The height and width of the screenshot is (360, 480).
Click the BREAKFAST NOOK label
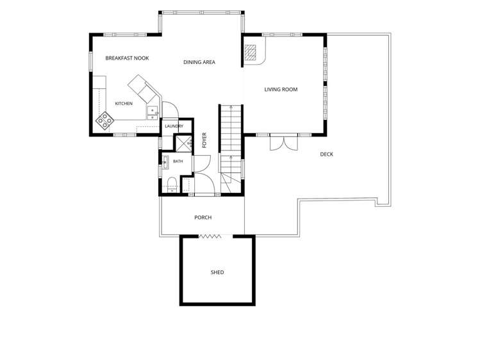point(127,58)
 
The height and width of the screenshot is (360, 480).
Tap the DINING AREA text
point(199,62)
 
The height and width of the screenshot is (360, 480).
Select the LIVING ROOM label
point(281,89)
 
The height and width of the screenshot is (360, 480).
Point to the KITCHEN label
point(124,104)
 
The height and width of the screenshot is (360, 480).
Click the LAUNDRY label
point(174,126)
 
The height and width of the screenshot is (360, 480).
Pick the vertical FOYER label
point(204,140)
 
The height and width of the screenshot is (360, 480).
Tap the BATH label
point(178,161)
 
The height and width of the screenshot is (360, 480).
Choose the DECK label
point(327,154)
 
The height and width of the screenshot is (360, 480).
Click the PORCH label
point(203,217)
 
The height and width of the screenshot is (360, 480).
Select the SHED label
point(217,272)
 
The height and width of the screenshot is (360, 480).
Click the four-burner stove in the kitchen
point(104,120)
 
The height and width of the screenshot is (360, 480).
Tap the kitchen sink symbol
point(152,113)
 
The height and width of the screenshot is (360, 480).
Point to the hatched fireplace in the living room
point(251,52)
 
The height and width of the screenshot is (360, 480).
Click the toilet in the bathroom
point(172,184)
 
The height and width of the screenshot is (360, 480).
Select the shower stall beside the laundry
point(183,143)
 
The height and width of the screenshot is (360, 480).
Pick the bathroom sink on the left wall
point(165,162)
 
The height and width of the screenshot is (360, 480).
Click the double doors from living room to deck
point(284,142)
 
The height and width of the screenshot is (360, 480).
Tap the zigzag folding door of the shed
point(210,236)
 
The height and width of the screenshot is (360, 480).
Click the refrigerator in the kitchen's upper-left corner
point(99,82)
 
